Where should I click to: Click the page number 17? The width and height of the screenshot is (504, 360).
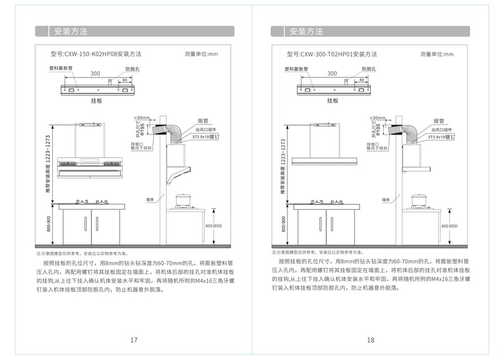point(134,340)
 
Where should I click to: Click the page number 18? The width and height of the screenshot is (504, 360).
point(370,340)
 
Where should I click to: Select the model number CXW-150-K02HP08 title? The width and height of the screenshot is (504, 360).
point(96,54)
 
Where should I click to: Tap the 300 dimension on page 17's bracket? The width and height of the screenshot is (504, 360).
point(95,73)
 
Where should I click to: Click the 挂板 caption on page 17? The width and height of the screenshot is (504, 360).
point(96,100)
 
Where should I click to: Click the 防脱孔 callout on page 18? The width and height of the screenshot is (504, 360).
point(368,69)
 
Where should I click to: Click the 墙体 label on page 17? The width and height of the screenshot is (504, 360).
point(150,200)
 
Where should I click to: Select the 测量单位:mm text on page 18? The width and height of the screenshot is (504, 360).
point(437,54)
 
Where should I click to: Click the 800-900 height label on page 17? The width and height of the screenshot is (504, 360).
point(48,224)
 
